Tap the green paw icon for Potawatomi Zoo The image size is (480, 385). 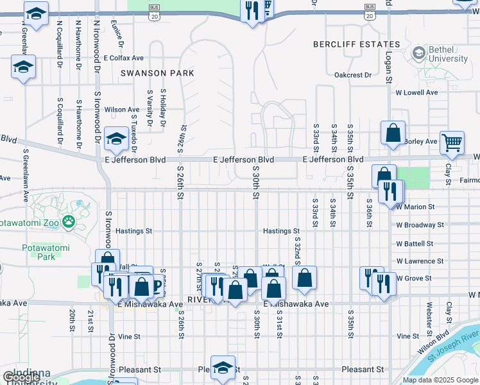[x=69, y=223]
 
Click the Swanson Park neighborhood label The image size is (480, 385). [x=157, y=73]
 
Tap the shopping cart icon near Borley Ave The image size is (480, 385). [x=452, y=142]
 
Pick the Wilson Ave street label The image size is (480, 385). [x=122, y=110]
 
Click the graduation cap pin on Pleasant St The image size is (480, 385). [x=222, y=368]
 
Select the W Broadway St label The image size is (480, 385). [x=420, y=225]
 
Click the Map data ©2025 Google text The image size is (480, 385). [x=440, y=380]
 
